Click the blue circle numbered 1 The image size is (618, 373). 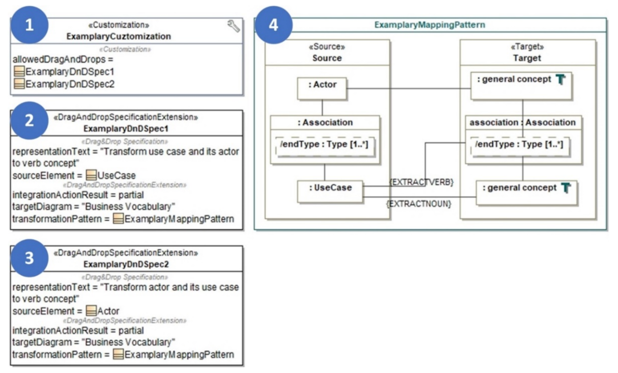[x=29, y=25]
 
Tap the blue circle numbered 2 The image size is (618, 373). [x=29, y=121]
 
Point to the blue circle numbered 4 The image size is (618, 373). [x=273, y=25]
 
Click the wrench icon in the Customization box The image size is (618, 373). [x=233, y=26]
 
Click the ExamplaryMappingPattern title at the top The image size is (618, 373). [x=430, y=25]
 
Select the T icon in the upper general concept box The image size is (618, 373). [x=560, y=79]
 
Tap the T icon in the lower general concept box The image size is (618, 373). [x=566, y=188]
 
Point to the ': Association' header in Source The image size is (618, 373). [x=325, y=122]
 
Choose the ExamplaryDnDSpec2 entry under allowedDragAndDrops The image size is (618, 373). [x=70, y=84]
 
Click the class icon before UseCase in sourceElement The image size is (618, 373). [x=91, y=175]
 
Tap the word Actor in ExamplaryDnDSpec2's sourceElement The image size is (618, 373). [x=108, y=311]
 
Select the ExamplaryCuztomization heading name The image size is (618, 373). [x=119, y=36]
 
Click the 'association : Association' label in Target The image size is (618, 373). [x=522, y=122]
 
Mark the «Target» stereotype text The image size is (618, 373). [x=528, y=47]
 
